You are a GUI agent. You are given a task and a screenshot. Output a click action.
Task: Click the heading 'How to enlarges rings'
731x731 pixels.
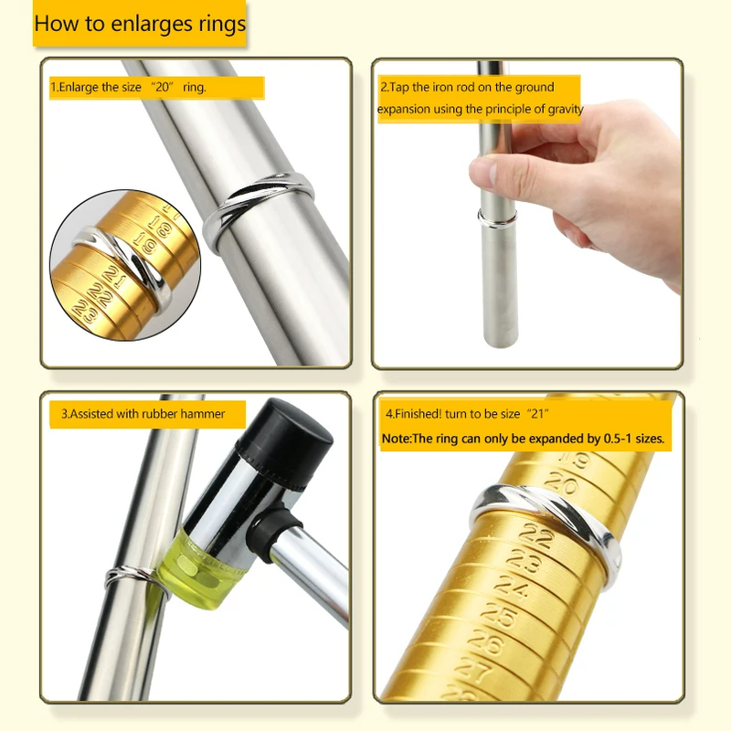coord(140,24)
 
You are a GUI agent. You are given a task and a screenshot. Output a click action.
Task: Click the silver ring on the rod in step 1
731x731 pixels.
coord(259,209)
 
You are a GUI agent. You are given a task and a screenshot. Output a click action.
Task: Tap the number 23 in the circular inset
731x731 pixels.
coord(86,311)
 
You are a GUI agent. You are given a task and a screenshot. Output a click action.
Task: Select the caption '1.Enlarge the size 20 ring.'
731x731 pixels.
coord(128,87)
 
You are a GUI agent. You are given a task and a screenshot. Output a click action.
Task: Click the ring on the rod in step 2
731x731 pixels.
coord(497,218)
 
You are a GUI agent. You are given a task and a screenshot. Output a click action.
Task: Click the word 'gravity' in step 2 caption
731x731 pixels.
coord(566,110)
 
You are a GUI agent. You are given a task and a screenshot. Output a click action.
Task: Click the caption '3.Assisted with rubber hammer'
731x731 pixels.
coord(143,414)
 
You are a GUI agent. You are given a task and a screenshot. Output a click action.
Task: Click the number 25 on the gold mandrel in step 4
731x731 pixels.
coord(499,615)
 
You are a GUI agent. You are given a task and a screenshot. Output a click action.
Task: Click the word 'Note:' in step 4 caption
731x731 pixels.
coord(397,439)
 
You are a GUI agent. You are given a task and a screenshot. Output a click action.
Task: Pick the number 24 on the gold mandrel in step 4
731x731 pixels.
coord(512,588)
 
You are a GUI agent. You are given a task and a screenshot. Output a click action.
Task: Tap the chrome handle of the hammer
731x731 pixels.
coord(303,564)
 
